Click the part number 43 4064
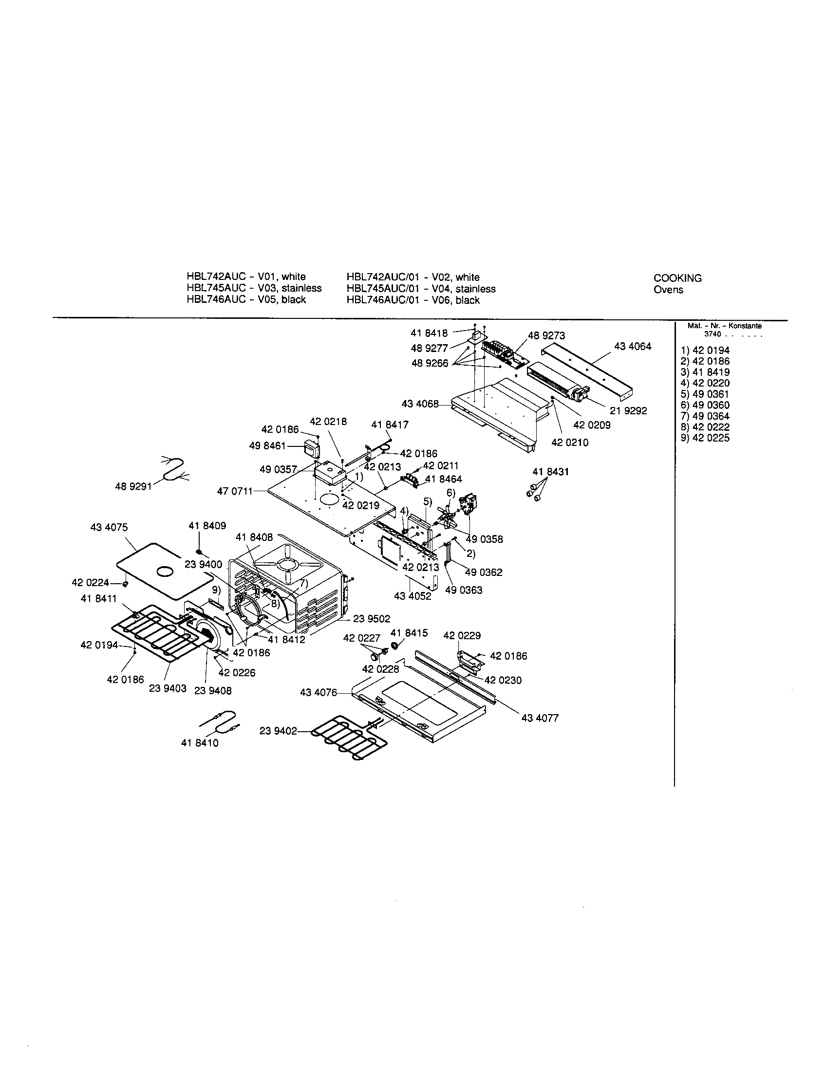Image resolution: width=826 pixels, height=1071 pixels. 633,346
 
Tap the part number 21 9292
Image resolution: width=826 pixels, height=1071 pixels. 628,411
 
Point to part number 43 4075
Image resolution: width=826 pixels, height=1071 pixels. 109,527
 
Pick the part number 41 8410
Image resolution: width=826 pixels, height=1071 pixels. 200,743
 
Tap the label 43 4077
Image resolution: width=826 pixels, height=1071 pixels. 540,718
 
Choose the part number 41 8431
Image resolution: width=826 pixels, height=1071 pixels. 551,472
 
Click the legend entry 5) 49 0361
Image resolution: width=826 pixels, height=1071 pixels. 705,394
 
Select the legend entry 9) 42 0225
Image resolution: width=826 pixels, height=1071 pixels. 705,438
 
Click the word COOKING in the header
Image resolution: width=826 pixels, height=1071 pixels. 677,278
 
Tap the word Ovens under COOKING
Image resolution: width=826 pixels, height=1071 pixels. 668,289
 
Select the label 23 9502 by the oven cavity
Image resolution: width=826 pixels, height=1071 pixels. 372,619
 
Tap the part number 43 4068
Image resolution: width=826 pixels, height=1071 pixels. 420,404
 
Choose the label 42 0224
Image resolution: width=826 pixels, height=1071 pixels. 90,583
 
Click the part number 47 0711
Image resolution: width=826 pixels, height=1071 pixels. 234,490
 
